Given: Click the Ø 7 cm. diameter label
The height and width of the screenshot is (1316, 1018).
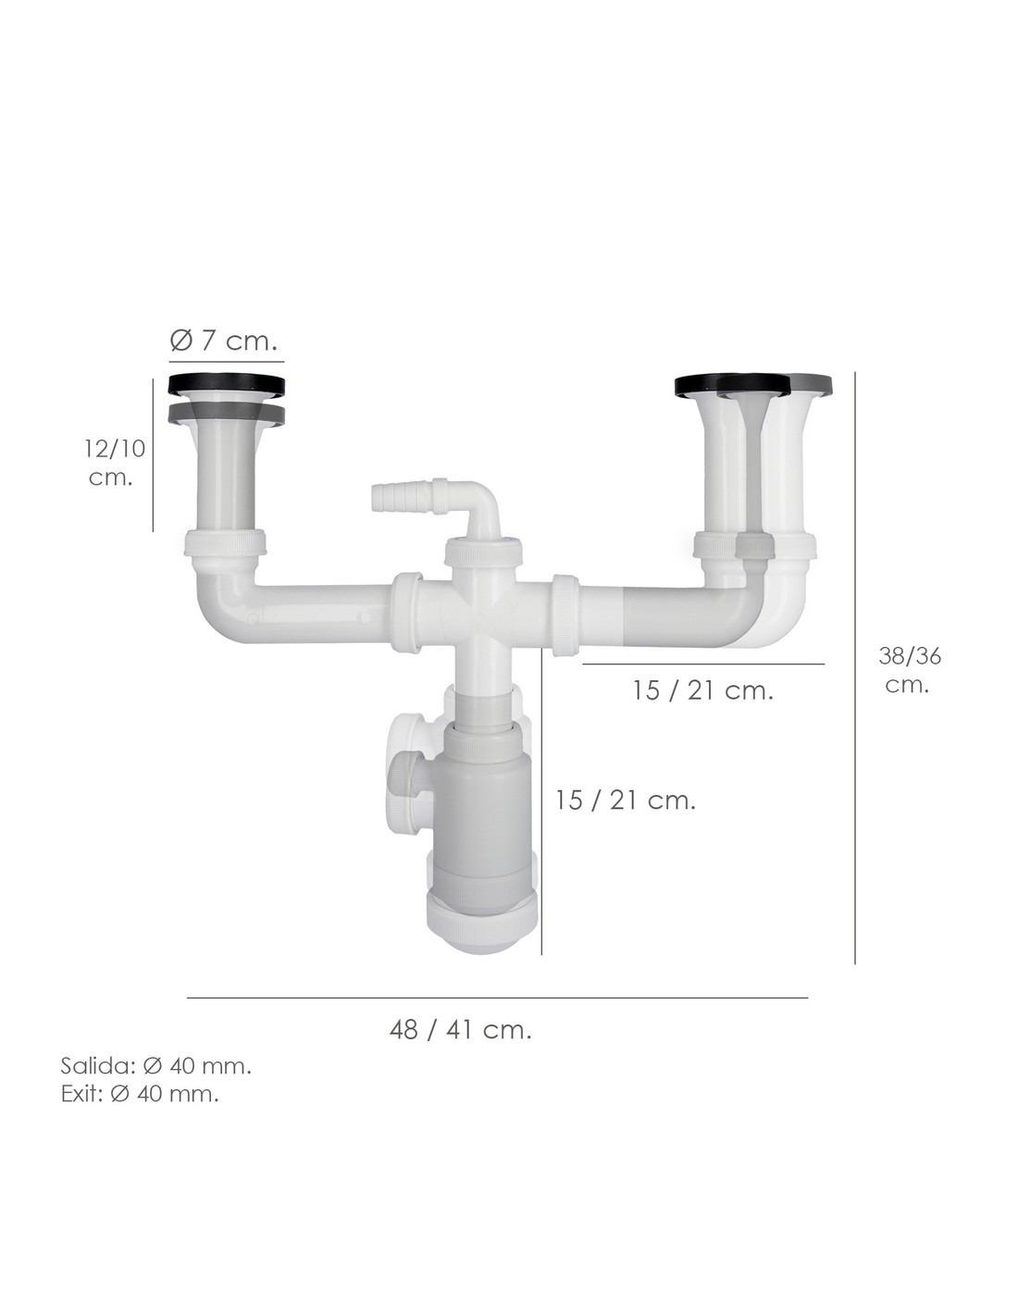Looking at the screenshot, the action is tap(223, 341).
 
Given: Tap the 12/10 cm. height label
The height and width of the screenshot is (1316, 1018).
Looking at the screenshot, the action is tap(114, 463).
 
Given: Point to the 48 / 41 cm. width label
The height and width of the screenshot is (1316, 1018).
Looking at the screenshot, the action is tap(460, 1029).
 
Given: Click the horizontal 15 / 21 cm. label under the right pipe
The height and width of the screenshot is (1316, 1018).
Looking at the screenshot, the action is tap(703, 690).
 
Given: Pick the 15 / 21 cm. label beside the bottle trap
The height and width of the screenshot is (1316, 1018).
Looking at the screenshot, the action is tap(626, 801).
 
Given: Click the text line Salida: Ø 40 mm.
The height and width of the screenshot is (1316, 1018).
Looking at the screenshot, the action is tap(155, 1066).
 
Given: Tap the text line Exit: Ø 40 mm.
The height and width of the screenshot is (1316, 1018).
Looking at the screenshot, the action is tap(140, 1094).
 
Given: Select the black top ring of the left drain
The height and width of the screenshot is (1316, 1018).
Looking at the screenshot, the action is tap(227, 384).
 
